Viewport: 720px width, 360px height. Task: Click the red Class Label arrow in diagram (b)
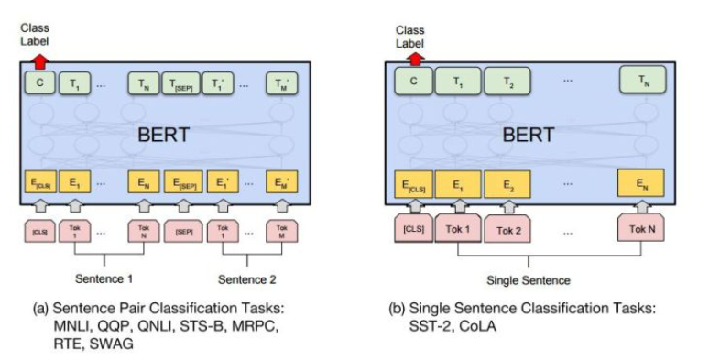pyautogui.click(x=414, y=60)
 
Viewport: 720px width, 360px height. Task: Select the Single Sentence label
pyautogui.click(x=529, y=278)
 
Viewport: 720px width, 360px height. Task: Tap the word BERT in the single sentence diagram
pyautogui.click(x=529, y=135)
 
